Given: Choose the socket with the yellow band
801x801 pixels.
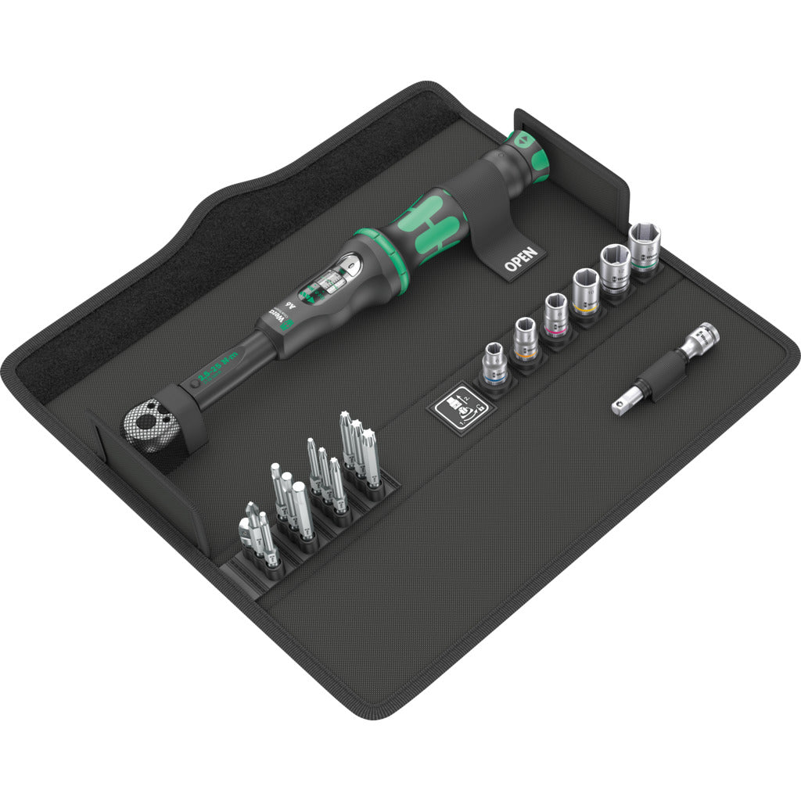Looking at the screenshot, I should pyautogui.click(x=585, y=291).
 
